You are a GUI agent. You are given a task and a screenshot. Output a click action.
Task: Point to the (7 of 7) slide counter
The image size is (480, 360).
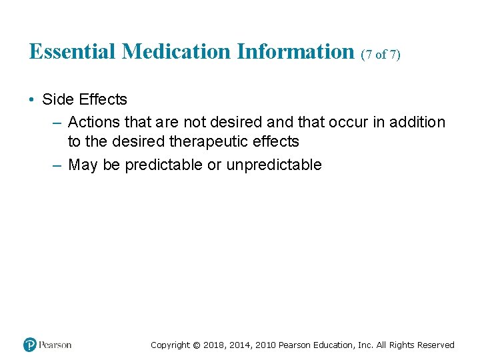pos(381,55)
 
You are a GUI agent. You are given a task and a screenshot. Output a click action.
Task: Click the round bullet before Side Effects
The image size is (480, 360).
pos(31,100)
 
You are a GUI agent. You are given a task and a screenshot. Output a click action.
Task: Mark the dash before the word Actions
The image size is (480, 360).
pos(57,122)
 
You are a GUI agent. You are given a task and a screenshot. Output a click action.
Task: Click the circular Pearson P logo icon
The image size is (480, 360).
pos(30,345)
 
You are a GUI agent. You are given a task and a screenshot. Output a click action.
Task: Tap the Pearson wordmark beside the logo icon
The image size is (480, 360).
pos(55,345)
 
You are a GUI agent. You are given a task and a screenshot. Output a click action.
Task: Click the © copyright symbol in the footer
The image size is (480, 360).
pos(196,345)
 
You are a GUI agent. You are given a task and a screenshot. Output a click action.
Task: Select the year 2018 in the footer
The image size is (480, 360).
pos(214,345)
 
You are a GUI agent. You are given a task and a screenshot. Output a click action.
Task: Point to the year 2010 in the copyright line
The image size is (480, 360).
pos(264,345)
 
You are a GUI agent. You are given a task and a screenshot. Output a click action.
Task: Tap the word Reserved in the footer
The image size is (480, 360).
pos(436,345)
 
